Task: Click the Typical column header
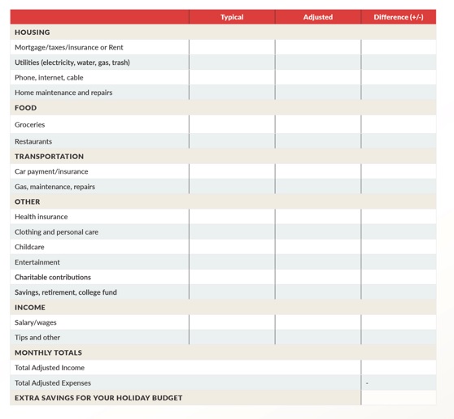click(232, 17)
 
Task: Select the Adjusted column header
click(317, 17)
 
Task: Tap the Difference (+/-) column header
click(398, 17)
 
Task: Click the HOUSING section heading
click(33, 32)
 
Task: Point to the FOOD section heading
click(26, 108)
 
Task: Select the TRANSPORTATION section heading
click(49, 156)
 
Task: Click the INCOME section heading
click(30, 308)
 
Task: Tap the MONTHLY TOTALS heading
click(48, 353)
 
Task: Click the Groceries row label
click(30, 125)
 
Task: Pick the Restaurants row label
click(33, 141)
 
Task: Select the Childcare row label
click(29, 247)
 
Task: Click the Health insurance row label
click(41, 217)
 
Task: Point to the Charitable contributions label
click(53, 277)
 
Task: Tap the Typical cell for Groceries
click(232, 125)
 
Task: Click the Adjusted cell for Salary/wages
click(317, 322)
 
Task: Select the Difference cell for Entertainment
click(398, 262)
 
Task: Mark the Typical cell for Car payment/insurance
click(232, 171)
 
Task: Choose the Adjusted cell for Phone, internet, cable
click(317, 77)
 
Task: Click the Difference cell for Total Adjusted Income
click(398, 368)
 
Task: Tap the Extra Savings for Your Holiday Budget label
click(98, 398)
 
